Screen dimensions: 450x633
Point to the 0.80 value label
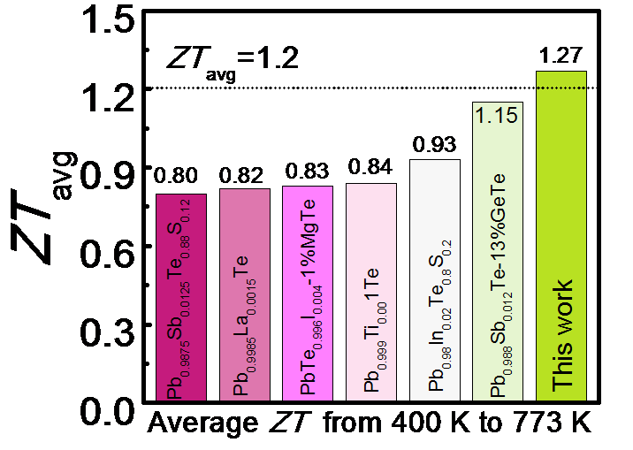[181, 175]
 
